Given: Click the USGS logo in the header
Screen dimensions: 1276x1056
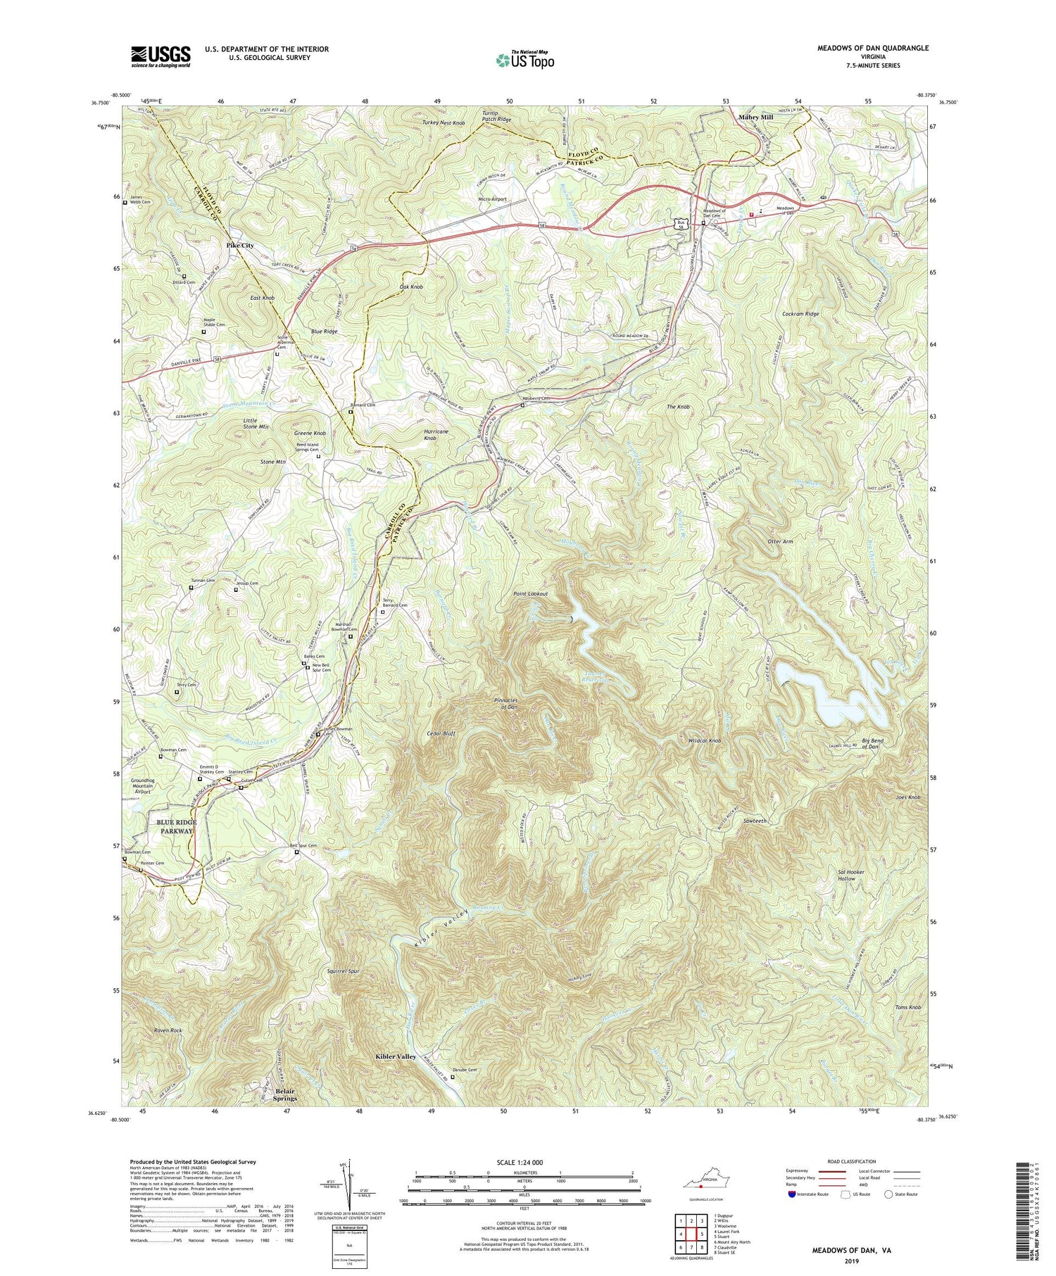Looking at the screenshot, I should [161, 56].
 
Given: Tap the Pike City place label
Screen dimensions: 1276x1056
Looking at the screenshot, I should [241, 246].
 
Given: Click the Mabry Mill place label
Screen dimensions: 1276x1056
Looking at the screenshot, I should [757, 118].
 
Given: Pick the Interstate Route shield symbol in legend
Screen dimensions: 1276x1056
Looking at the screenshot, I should [792, 1194].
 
